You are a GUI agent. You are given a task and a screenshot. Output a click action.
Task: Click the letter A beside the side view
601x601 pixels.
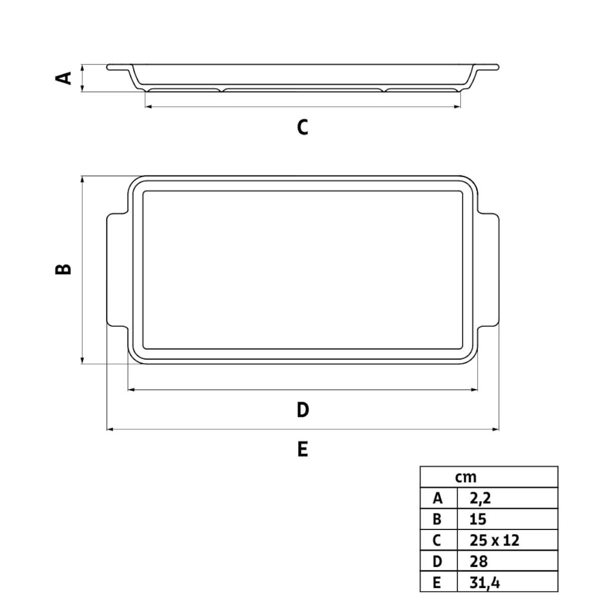(x=63, y=78)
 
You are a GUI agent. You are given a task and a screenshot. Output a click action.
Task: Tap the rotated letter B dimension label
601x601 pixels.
(x=63, y=269)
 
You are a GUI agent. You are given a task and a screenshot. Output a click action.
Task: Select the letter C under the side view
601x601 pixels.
(x=302, y=127)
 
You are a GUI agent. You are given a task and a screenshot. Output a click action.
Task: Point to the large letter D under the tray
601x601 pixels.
(x=303, y=410)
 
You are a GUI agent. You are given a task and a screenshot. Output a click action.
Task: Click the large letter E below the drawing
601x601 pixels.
(x=302, y=449)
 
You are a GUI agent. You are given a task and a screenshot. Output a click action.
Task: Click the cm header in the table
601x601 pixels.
(x=465, y=478)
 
